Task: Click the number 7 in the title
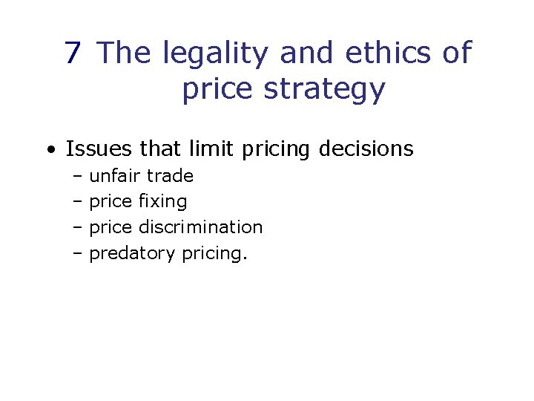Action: [x=73, y=53]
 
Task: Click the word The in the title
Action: [x=125, y=53]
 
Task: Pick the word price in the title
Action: [x=214, y=90]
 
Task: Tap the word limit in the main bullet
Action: [x=211, y=149]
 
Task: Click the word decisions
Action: [x=366, y=149]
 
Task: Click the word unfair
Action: [x=115, y=176]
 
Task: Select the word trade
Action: [x=170, y=176]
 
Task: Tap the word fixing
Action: [x=163, y=202]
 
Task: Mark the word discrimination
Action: [x=201, y=227]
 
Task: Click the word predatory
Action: [x=131, y=254]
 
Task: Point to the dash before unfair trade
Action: [x=78, y=177]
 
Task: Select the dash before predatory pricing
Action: [x=78, y=254]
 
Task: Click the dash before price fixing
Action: [x=78, y=202]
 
